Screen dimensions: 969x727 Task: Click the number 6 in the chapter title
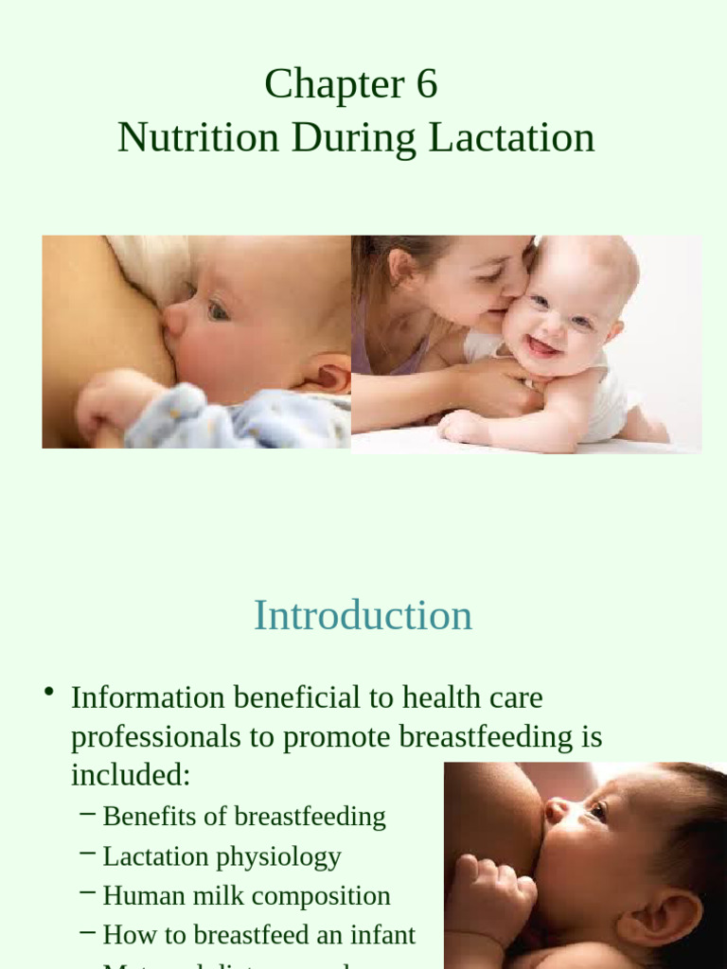426,84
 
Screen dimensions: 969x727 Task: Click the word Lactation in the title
511,138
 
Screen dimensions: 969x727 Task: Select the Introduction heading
363,616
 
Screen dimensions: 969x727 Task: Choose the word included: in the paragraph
131,776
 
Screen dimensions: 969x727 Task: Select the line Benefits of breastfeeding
243,817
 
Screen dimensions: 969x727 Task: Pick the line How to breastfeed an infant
258,935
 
